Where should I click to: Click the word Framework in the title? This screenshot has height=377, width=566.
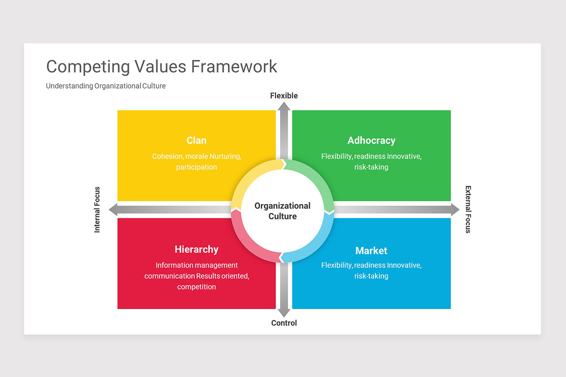(234, 66)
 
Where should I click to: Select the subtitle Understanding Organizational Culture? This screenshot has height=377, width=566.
(106, 86)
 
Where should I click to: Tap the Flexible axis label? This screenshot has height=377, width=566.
(284, 96)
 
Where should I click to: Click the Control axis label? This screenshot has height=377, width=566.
(284, 323)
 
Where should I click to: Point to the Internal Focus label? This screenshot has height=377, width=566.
(97, 210)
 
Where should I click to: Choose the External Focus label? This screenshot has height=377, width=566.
(468, 209)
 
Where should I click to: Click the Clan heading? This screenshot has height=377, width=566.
(196, 140)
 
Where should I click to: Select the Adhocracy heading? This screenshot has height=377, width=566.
(371, 140)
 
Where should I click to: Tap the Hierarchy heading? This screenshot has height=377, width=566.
(196, 249)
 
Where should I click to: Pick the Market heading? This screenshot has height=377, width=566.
(371, 251)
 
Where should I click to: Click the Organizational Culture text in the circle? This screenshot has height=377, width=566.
(283, 211)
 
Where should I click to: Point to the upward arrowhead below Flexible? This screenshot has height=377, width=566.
(284, 107)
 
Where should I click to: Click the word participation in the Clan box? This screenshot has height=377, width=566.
(196, 167)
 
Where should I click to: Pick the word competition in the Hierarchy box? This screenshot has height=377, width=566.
(196, 287)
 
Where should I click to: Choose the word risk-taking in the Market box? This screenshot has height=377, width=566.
(371, 276)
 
